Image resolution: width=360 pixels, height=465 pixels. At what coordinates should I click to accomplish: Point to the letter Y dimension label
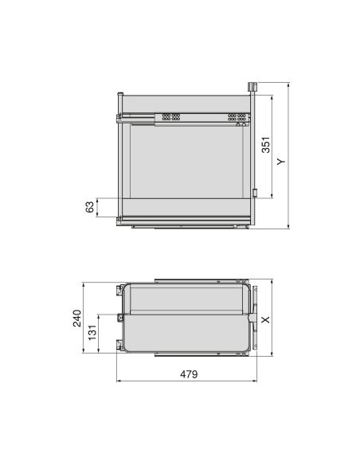click(x=281, y=160)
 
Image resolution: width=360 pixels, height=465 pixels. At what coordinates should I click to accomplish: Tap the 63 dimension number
click(x=91, y=207)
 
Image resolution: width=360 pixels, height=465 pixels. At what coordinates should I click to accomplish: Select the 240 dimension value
click(x=77, y=319)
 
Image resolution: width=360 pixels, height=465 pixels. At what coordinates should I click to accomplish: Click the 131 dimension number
click(x=93, y=332)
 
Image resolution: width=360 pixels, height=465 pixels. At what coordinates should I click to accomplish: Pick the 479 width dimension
click(x=187, y=374)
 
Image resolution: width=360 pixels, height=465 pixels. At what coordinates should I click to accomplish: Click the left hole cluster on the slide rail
click(x=170, y=117)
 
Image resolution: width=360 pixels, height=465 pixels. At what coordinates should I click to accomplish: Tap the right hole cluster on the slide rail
click(x=237, y=117)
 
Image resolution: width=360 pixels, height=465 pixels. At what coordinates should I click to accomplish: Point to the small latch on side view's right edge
click(x=254, y=191)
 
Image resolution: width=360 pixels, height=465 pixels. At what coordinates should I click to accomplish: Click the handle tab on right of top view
click(x=253, y=318)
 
